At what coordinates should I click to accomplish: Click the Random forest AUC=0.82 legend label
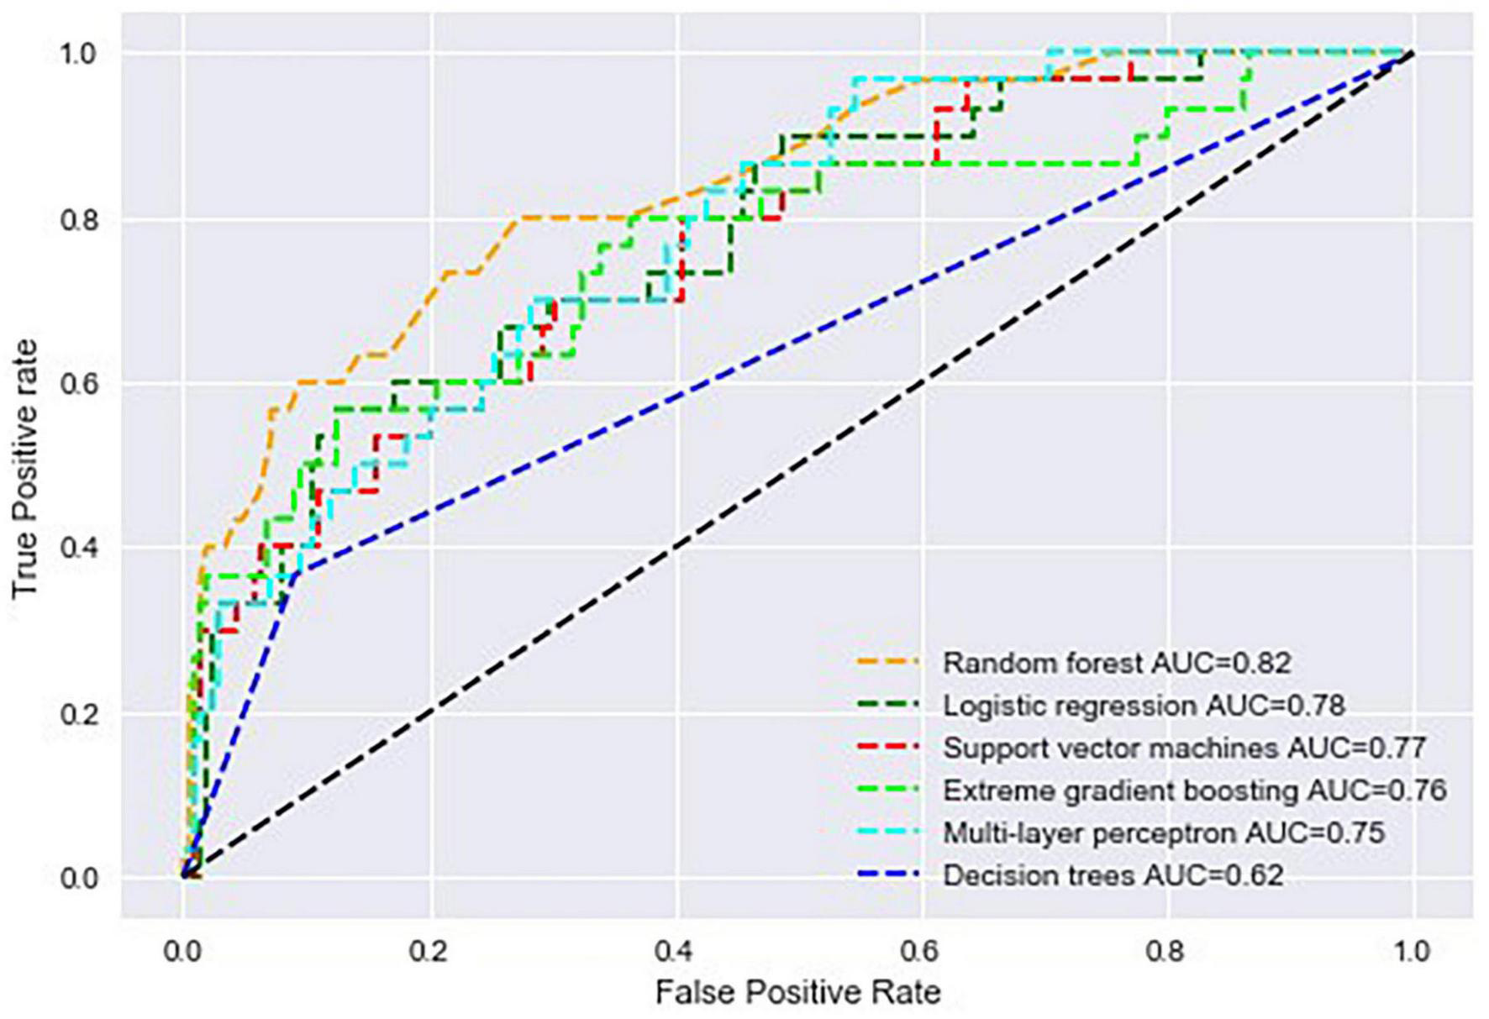(1116, 663)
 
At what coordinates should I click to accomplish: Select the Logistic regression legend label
(1143, 706)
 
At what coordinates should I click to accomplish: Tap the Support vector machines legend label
(1184, 748)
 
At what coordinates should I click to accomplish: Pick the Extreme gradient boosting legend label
(1194, 791)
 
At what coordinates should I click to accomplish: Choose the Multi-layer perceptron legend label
(1163, 833)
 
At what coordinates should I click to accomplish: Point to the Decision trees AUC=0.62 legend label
(1113, 876)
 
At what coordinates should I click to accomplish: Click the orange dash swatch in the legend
(887, 663)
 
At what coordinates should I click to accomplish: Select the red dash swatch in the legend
(887, 748)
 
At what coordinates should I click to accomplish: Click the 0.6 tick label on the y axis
(80, 384)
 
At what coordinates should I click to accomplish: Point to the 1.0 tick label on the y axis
(80, 54)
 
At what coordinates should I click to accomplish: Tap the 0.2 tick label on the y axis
(80, 714)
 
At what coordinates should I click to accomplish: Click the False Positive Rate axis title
(797, 993)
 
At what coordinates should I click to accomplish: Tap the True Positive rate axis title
(25, 469)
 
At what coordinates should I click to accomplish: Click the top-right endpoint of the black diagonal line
(1412, 54)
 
